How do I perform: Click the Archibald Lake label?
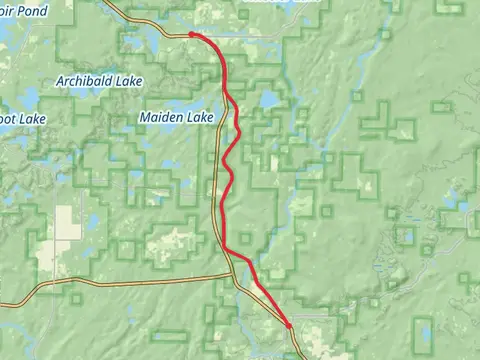click(99, 80)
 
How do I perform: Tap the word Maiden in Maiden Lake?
click(160, 117)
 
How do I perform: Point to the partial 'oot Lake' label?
click(20, 117)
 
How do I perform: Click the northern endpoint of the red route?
click(190, 34)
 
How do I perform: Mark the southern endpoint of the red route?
click(288, 325)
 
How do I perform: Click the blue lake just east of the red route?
click(267, 100)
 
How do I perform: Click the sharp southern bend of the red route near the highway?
click(226, 247)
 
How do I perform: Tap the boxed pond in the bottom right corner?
click(425, 329)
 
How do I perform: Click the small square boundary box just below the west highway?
click(74, 297)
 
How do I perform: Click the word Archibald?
click(85, 80)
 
